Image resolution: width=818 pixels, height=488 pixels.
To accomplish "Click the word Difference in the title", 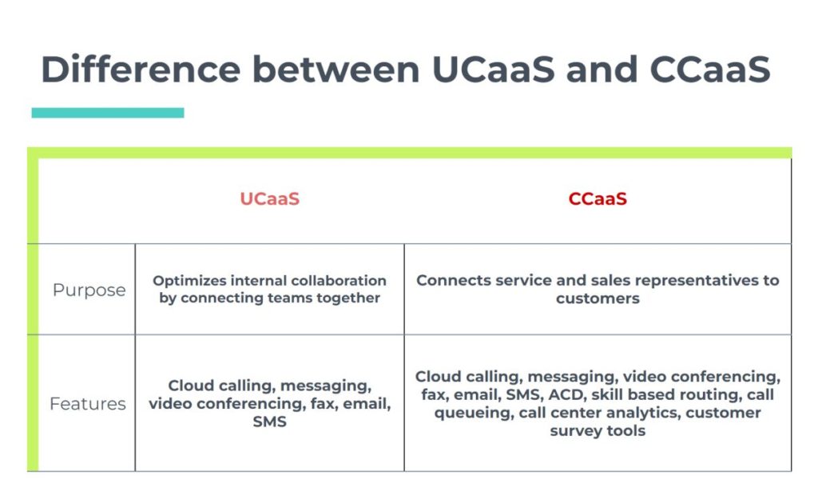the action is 141,69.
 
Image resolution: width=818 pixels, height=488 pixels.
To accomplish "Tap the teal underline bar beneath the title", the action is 108,112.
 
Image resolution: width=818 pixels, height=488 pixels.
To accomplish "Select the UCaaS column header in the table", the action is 270,198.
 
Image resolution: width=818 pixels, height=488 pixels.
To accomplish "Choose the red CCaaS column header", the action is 598,198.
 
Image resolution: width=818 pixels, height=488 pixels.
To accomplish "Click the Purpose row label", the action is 89,290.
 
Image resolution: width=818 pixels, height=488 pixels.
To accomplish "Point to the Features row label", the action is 88,403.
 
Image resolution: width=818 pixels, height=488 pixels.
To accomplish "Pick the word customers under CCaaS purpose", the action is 598,298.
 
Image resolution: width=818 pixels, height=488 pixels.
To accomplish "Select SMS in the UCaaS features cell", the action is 270,422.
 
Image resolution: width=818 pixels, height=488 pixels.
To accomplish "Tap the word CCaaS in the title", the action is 710,69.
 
